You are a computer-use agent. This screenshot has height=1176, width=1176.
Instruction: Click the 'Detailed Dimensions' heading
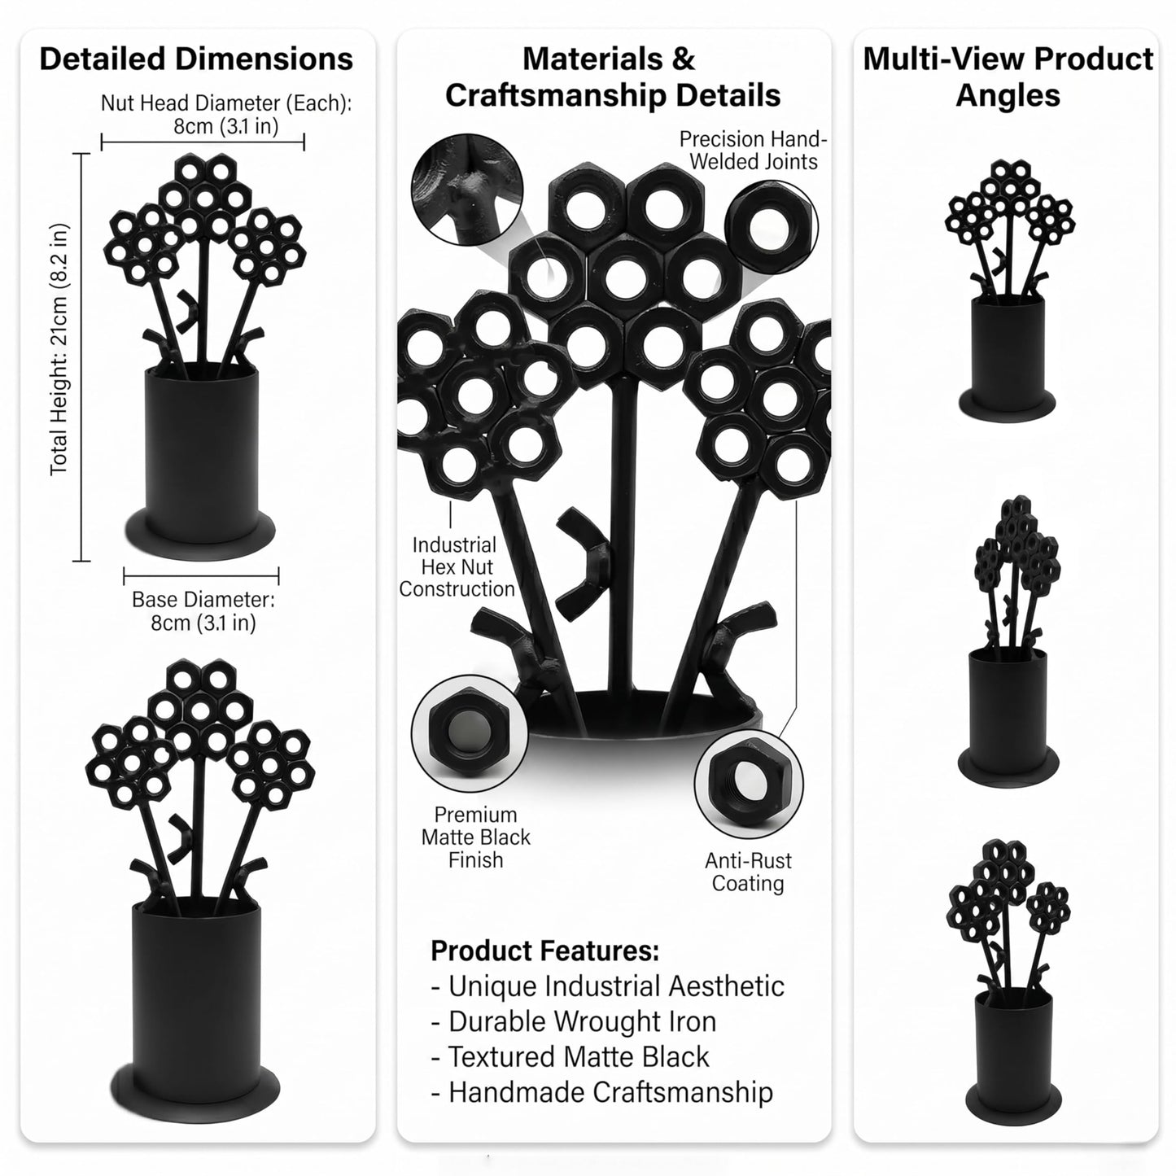tap(196, 59)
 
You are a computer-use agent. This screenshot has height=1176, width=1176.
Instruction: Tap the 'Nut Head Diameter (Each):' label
tap(225, 103)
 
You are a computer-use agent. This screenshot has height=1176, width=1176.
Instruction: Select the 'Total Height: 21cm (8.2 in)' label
tap(59, 349)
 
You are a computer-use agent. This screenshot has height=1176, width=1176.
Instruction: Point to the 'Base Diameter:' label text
tap(203, 599)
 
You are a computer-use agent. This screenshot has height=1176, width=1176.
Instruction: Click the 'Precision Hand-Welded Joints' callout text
tap(753, 150)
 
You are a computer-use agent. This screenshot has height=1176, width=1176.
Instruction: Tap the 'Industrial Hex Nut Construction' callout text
tap(457, 567)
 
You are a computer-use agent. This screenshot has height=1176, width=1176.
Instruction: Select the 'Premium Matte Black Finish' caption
tap(475, 837)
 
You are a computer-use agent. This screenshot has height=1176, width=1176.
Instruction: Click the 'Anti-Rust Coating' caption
tap(748, 872)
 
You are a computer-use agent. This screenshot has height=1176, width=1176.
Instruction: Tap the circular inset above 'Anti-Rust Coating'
tap(749, 784)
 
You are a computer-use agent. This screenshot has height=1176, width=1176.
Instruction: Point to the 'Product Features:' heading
tap(545, 951)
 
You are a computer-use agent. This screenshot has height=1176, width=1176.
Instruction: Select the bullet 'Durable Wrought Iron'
tap(574, 1021)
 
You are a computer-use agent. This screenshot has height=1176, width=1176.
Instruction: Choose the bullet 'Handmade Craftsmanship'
tap(601, 1092)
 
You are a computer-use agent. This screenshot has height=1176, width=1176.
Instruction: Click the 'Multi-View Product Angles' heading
tap(1008, 77)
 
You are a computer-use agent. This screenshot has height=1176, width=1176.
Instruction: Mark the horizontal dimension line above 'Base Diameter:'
tap(201, 575)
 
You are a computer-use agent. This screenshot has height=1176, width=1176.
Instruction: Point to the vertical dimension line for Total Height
tap(81, 357)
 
